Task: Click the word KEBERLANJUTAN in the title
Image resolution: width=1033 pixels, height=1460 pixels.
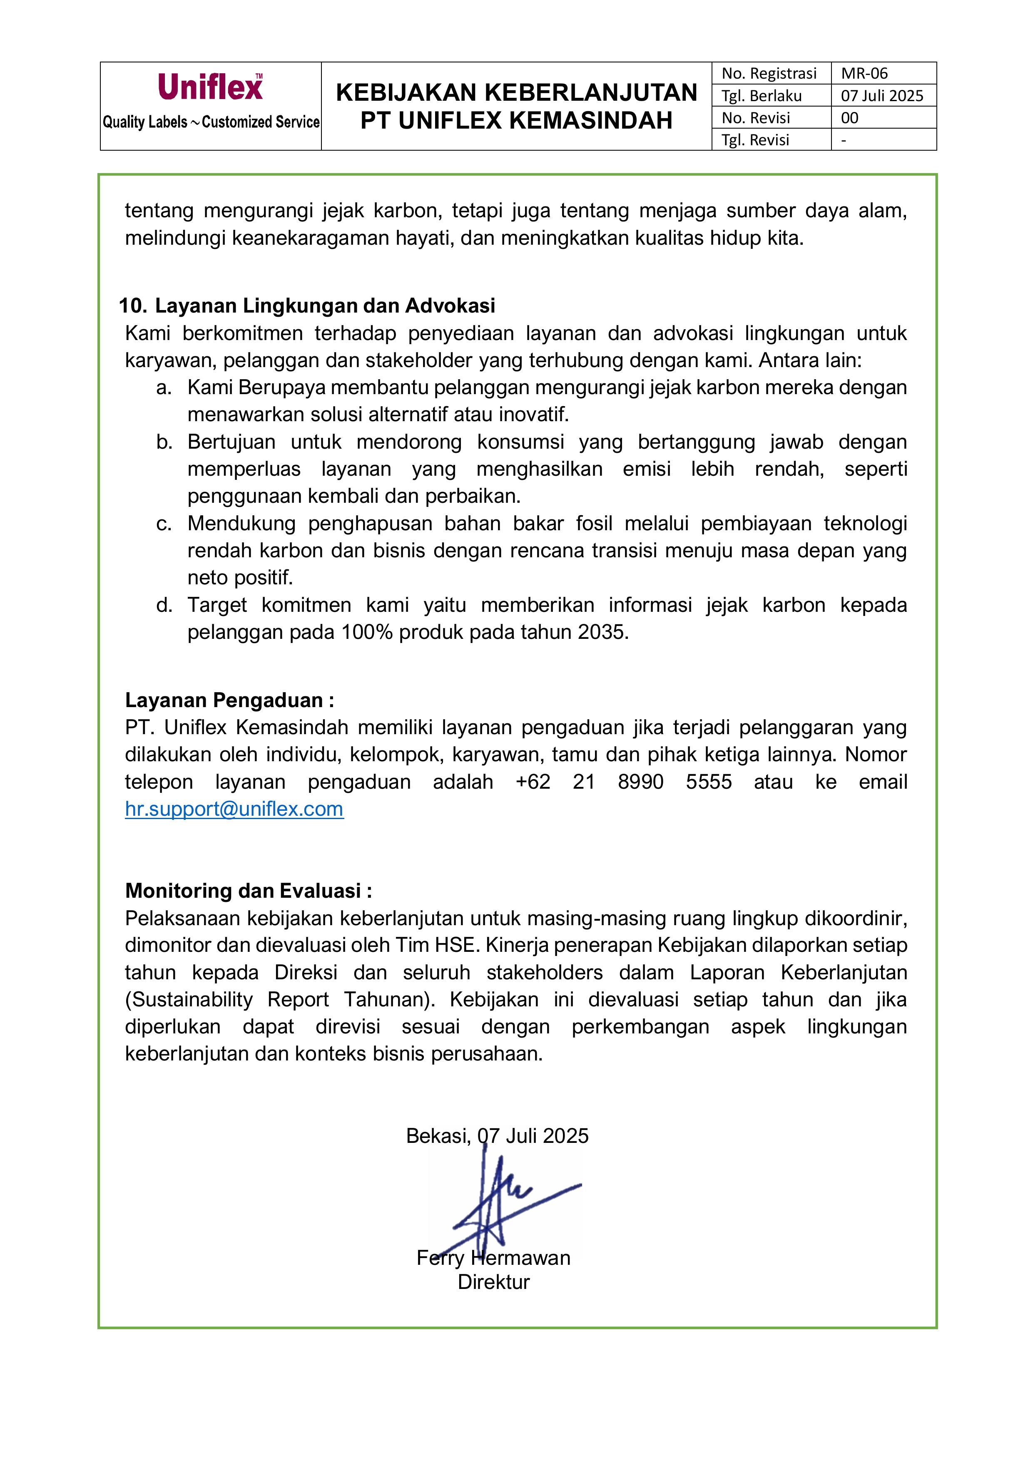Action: [x=592, y=93]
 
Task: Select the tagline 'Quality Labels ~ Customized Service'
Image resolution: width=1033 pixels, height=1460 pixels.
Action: [x=211, y=122]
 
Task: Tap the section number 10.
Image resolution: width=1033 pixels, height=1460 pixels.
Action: [x=132, y=306]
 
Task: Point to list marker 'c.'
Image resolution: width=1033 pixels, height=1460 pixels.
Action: [x=164, y=523]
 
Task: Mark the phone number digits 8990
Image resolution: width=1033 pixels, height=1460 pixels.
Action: [x=640, y=782]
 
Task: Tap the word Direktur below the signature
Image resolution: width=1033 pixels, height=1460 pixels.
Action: [x=494, y=1282]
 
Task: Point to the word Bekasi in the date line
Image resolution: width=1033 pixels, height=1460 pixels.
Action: [x=438, y=1136]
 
